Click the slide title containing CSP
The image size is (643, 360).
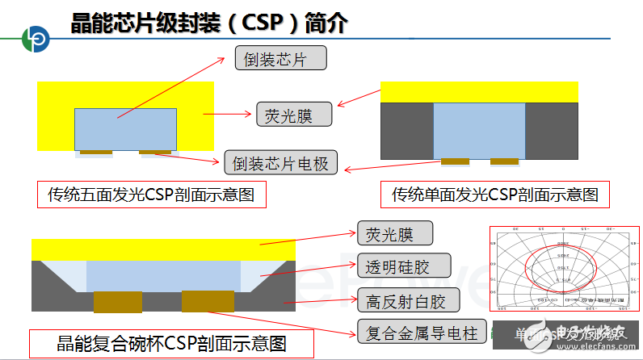(x=208, y=23)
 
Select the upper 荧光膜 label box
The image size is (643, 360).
(x=294, y=115)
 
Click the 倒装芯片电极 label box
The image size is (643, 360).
(x=279, y=163)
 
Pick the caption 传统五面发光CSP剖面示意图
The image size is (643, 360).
(x=152, y=195)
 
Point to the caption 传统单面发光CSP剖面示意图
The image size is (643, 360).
(x=494, y=195)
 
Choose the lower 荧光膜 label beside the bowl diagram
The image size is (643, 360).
(x=395, y=235)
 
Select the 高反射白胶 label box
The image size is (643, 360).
(x=406, y=301)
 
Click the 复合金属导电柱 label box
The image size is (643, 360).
(x=418, y=331)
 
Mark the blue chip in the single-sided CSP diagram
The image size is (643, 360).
(x=479, y=129)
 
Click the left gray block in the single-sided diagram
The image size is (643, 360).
(x=406, y=131)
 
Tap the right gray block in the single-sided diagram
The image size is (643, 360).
(x=552, y=131)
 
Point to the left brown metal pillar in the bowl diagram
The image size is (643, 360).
(x=117, y=302)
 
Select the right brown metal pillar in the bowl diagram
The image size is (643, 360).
(x=208, y=301)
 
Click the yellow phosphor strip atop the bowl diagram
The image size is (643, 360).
(x=162, y=249)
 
